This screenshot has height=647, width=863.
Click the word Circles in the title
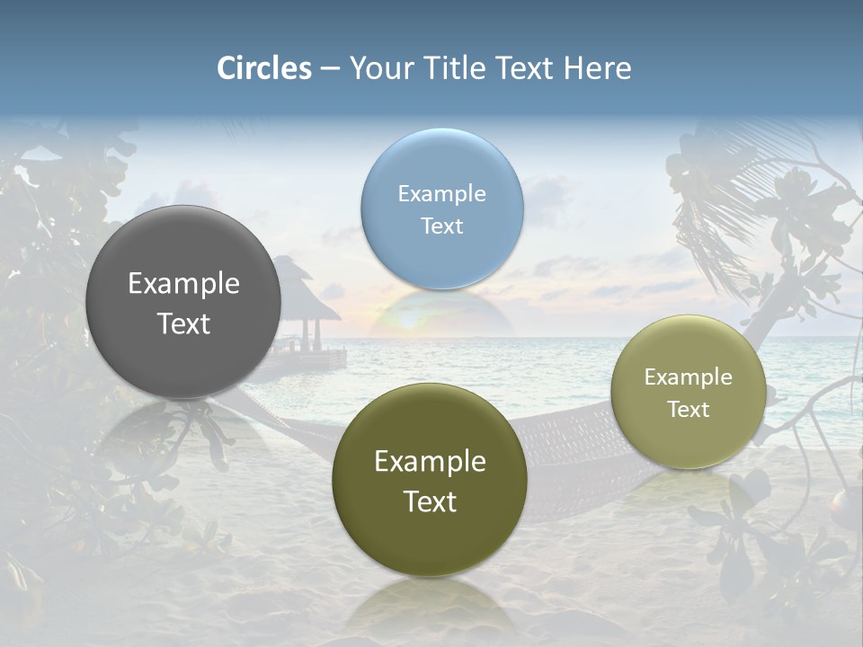[x=264, y=68]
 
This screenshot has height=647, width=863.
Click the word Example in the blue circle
[x=441, y=194]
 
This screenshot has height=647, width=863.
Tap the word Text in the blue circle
[x=441, y=226]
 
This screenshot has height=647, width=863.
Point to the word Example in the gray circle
[x=183, y=284]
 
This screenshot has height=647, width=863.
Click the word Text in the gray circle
[x=183, y=324]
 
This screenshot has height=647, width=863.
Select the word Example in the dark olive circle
[x=430, y=462]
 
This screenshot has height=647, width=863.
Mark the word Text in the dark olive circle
[x=430, y=502]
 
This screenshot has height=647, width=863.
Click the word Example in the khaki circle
[x=689, y=377]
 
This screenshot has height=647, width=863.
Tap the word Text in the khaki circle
[x=689, y=410]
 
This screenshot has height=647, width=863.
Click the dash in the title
[x=330, y=68]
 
